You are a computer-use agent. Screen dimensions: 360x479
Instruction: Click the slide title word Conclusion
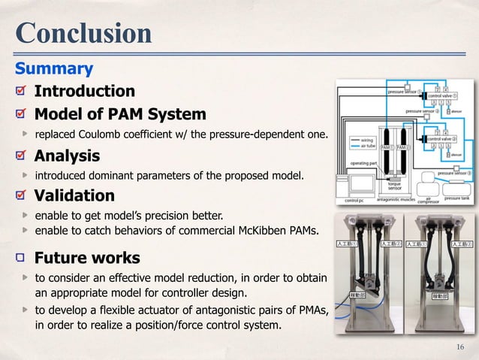(83, 33)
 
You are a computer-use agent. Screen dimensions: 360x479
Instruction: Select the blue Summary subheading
(55, 69)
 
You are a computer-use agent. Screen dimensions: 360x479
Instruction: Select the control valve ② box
(443, 138)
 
